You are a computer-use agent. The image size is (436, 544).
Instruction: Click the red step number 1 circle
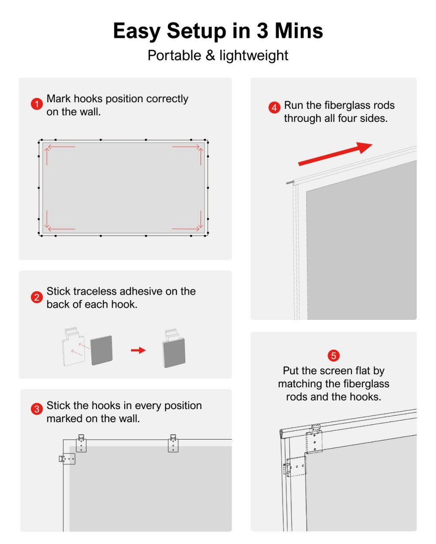[x=37, y=104]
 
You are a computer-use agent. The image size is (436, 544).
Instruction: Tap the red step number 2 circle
[x=37, y=298]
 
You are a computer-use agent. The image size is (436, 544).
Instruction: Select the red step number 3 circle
[x=37, y=409]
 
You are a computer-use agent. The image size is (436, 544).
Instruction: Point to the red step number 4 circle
[x=274, y=107]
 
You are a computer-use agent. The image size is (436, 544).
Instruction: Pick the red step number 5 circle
[x=334, y=356]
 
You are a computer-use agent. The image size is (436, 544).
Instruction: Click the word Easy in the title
[x=136, y=31]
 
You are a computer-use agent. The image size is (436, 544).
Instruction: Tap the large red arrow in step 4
[x=335, y=154]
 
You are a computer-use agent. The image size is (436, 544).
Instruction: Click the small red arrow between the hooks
[x=138, y=350]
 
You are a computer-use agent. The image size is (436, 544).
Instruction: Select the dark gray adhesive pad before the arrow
[x=101, y=350]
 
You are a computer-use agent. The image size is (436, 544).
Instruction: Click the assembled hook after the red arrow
[x=174, y=349]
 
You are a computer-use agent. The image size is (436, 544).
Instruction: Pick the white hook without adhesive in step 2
[x=73, y=346]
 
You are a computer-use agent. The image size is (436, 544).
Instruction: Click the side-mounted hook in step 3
[x=67, y=459]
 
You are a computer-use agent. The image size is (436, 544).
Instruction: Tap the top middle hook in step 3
[x=173, y=443]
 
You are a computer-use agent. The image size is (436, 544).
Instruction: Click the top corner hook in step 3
[x=81, y=443]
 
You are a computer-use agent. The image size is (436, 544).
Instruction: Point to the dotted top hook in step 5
[x=314, y=439]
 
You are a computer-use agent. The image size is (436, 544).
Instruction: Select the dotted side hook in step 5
[x=295, y=467]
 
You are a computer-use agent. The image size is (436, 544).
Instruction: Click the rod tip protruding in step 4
[x=290, y=182]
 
